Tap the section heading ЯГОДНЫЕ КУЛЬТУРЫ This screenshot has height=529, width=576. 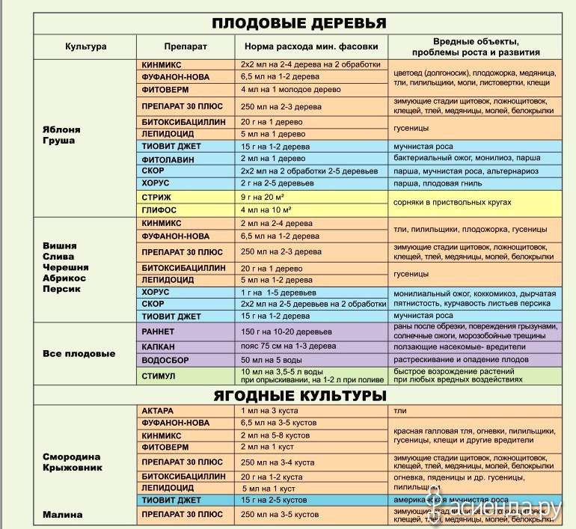point(298,394)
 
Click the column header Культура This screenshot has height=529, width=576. point(85,46)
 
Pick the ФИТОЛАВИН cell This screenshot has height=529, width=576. point(165,159)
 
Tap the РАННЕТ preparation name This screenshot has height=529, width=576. point(159,330)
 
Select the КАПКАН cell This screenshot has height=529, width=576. point(159,346)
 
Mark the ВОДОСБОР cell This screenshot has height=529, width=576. point(165,361)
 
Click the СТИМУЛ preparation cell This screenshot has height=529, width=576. point(159,376)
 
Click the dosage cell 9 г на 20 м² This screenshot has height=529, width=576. point(266,197)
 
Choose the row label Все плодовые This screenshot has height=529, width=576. point(79,353)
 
